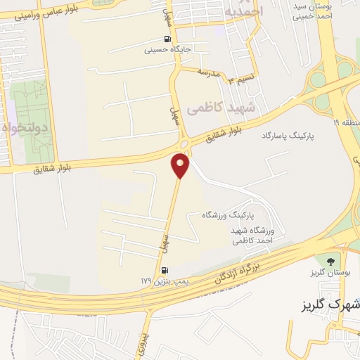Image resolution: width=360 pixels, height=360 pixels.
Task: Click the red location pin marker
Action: click(181, 165)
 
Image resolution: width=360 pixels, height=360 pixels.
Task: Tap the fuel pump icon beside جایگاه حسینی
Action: click(167, 39)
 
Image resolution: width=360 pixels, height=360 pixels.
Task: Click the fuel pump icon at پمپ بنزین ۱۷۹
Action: click(165, 270)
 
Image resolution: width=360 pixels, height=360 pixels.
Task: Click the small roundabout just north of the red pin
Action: click(184, 144)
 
